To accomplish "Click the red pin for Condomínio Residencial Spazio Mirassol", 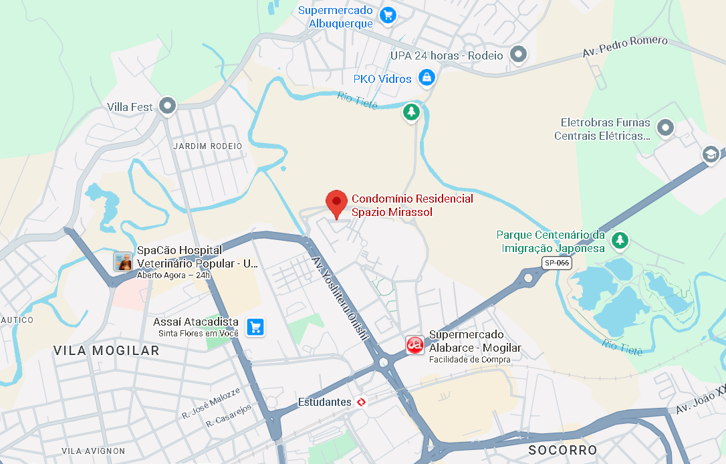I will click(x=336, y=202).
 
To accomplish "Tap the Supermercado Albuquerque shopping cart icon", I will click(x=387, y=15).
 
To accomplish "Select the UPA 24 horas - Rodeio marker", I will click(x=519, y=55).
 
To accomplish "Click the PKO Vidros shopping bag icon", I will click(x=426, y=78).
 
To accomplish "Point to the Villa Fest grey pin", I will click(x=166, y=106).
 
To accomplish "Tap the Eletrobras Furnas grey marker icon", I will click(x=664, y=127).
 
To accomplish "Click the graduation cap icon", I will click(x=710, y=154).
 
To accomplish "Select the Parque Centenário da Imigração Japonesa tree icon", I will click(x=621, y=239).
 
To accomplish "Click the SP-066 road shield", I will click(x=556, y=263).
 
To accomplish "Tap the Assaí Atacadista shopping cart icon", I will click(x=255, y=326).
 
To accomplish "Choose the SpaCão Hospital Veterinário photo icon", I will click(x=123, y=261).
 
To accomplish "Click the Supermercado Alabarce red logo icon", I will click(x=415, y=345).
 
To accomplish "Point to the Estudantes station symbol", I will click(x=362, y=402).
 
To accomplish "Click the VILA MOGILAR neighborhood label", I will click(x=106, y=351).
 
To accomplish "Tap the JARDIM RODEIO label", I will click(x=207, y=146).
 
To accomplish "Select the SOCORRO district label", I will click(x=562, y=450).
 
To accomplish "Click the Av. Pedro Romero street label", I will click(x=625, y=45).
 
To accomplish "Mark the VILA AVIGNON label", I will click(x=93, y=451).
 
